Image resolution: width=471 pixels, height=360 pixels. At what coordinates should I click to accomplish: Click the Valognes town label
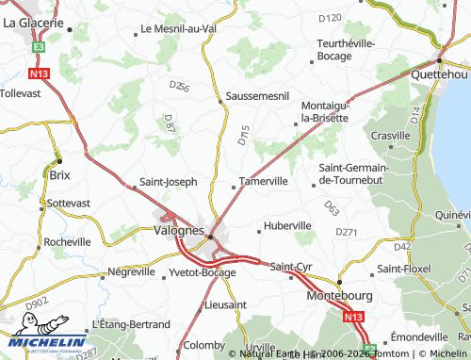pyautogui.click(x=178, y=230)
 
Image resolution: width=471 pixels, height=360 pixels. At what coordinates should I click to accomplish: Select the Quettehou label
pyautogui.click(x=439, y=74)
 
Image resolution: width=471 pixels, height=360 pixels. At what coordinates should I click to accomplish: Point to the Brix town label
pyautogui.click(x=58, y=175)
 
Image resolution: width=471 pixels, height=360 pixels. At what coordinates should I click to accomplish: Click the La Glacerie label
pyautogui.click(x=33, y=22)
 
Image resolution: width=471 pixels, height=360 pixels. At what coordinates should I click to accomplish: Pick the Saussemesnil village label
pyautogui.click(x=256, y=97)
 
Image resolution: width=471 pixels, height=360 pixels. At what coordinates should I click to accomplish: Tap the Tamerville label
pyautogui.click(x=263, y=181)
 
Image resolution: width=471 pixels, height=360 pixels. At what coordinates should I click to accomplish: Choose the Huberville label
pyautogui.click(x=287, y=226)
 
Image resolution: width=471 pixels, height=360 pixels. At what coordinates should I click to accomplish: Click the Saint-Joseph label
pyautogui.click(x=168, y=181)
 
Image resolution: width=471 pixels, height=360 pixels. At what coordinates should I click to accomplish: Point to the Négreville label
pyautogui.click(x=131, y=271)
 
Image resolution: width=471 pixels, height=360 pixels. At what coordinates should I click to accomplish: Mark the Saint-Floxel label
pyautogui.click(x=403, y=270)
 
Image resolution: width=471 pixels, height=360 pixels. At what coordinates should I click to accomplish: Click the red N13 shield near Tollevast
pyautogui.click(x=39, y=73)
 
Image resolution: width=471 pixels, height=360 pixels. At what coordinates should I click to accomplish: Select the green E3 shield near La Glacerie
pyautogui.click(x=39, y=45)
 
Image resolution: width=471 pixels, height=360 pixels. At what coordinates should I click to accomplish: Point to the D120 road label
pyautogui.click(x=330, y=17)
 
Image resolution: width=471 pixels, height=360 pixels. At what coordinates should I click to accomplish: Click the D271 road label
pyautogui.click(x=347, y=231)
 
